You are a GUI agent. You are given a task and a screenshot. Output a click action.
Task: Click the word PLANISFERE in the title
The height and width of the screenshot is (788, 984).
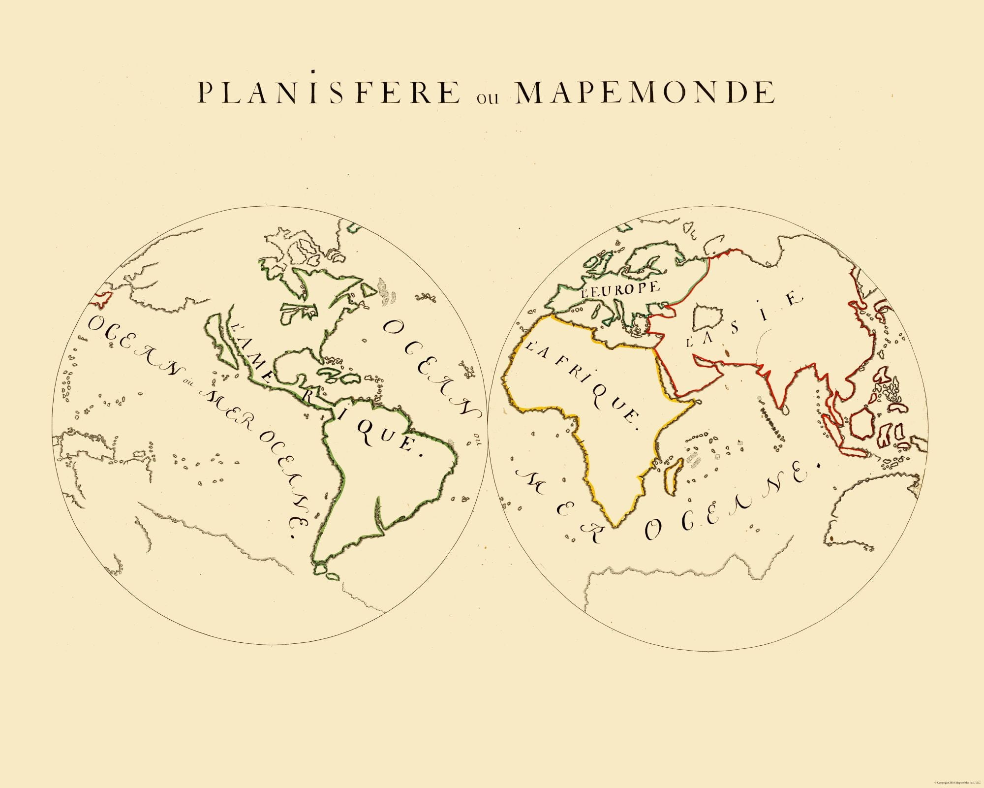click(x=329, y=93)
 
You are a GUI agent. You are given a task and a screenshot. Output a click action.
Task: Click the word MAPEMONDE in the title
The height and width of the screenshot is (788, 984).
click(x=645, y=93)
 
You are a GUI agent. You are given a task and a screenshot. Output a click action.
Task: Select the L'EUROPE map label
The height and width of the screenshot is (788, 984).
click(x=620, y=289)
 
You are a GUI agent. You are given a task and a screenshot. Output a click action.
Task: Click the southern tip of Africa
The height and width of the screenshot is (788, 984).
click(x=615, y=526)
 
